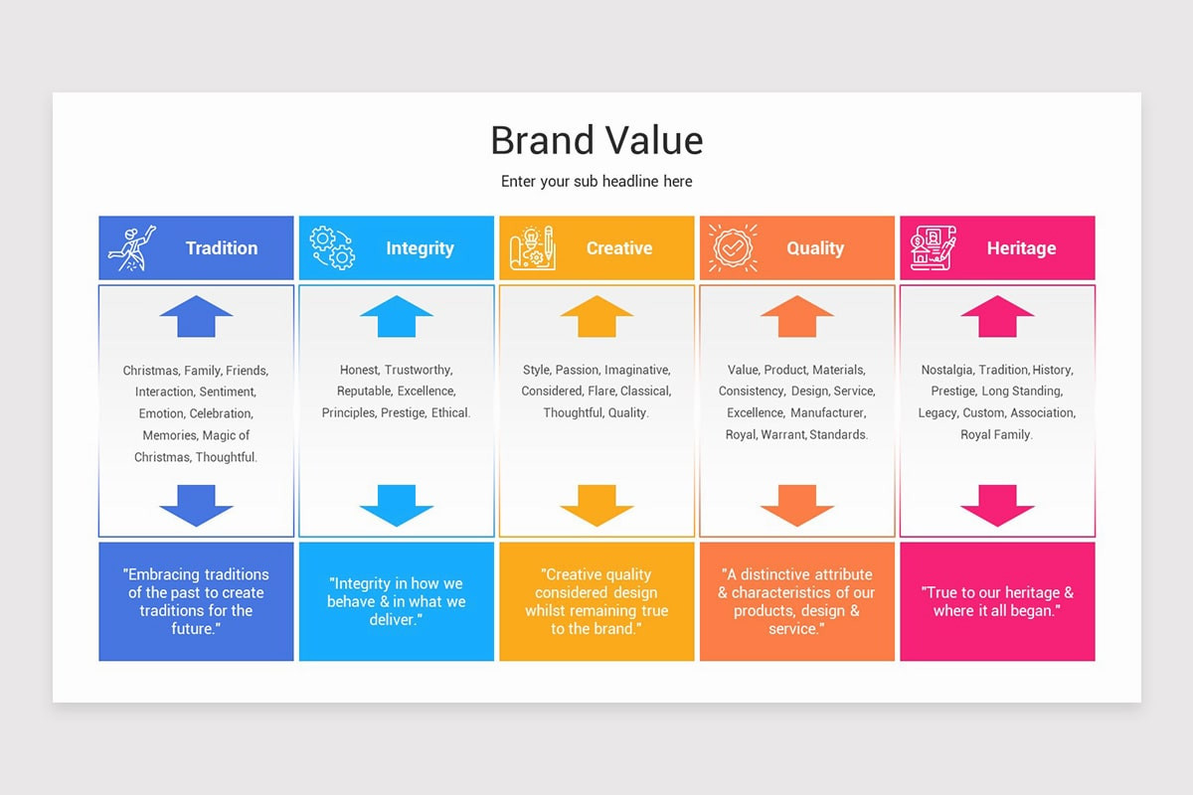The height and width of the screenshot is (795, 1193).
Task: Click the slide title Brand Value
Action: click(x=596, y=140)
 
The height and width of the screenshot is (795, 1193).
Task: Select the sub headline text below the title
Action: click(x=596, y=181)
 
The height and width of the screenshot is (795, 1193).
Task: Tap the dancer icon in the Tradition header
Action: click(x=132, y=248)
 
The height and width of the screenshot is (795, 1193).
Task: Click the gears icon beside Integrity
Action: click(x=332, y=248)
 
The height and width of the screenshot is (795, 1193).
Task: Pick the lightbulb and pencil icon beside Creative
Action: click(x=532, y=248)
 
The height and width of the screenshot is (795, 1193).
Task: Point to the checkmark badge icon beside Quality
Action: click(x=733, y=248)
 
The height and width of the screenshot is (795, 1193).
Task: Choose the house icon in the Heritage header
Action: click(x=933, y=248)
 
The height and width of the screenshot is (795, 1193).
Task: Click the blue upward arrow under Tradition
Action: click(x=196, y=316)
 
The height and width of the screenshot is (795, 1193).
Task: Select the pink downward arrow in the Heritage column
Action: click(x=997, y=505)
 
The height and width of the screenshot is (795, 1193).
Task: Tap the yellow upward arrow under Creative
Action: click(x=596, y=316)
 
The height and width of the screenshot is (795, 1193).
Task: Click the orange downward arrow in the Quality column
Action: click(x=797, y=505)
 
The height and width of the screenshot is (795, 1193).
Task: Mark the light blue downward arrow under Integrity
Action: click(x=397, y=505)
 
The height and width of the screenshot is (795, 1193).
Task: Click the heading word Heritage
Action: click(x=1021, y=248)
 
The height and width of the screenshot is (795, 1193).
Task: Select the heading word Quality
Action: click(x=815, y=248)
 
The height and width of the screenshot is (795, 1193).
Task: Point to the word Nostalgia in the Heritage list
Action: click(x=947, y=370)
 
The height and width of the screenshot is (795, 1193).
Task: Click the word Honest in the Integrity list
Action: click(x=359, y=370)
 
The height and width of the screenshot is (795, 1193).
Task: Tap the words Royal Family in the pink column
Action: click(x=996, y=434)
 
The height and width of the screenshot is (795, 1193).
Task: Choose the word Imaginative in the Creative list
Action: click(x=637, y=370)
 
